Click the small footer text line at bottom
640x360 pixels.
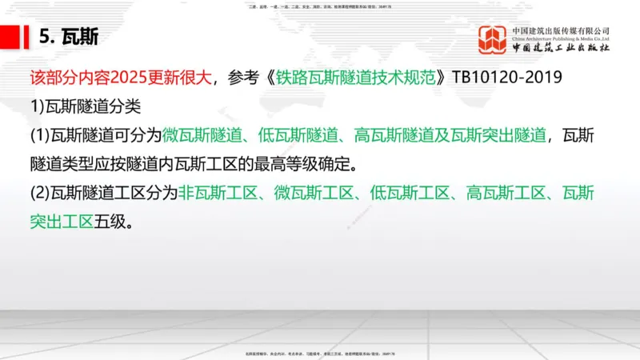pyautogui.click(x=319, y=353)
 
